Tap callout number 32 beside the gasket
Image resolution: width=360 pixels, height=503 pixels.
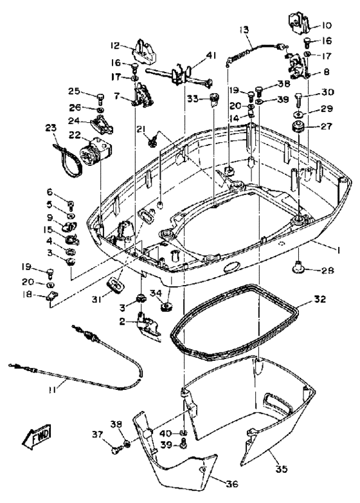[x=320, y=299]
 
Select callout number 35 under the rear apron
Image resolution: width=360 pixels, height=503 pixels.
[x=281, y=469]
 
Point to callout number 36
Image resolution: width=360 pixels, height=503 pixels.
[x=232, y=484]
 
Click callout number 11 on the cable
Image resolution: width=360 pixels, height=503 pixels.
[x=53, y=390]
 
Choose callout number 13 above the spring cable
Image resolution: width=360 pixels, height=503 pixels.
[x=244, y=30]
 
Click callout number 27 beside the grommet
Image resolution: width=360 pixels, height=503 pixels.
[x=327, y=126]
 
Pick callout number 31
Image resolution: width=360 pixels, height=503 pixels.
[x=97, y=299]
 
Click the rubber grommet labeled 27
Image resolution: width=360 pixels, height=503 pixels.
[x=298, y=126]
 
